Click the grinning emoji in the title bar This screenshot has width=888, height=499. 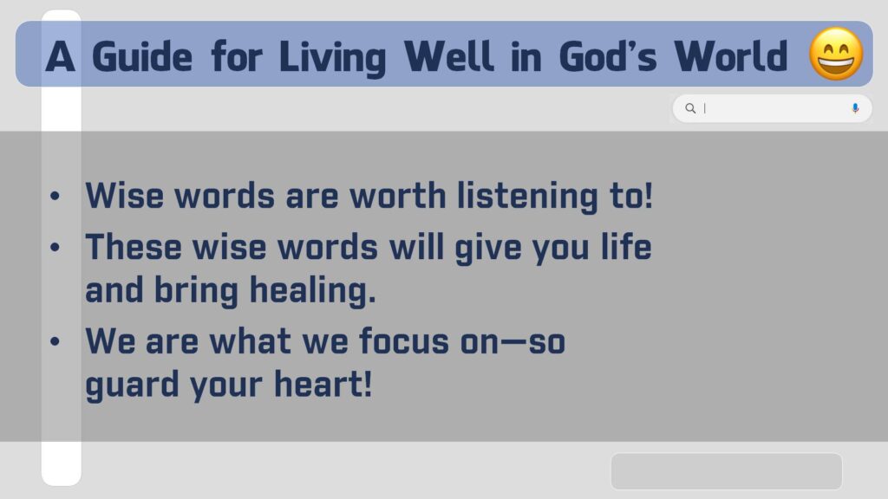point(836,54)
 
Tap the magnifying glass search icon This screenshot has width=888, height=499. point(690,108)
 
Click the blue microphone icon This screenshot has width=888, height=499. point(855,108)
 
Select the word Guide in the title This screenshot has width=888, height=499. point(142,57)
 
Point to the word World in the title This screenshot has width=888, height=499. point(730,56)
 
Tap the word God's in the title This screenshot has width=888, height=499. point(608,56)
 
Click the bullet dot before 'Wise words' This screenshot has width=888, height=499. point(55,196)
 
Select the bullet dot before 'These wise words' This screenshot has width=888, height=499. point(55,247)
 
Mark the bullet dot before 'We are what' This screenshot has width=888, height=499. point(55,341)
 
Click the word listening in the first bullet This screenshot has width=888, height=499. point(527,197)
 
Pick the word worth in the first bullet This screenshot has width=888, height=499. point(397,196)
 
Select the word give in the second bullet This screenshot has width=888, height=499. point(487,249)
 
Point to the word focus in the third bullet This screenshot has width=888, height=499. point(404,341)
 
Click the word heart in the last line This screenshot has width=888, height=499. point(323,384)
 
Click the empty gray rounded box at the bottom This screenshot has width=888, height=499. point(727,471)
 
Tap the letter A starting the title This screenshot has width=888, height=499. point(60,56)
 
